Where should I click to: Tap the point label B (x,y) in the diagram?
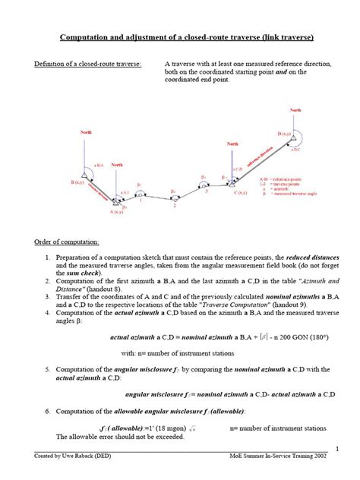pos(78,183)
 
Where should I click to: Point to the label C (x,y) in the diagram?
pos(242,194)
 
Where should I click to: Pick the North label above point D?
pos(295,110)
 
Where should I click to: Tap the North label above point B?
pos(86,132)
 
